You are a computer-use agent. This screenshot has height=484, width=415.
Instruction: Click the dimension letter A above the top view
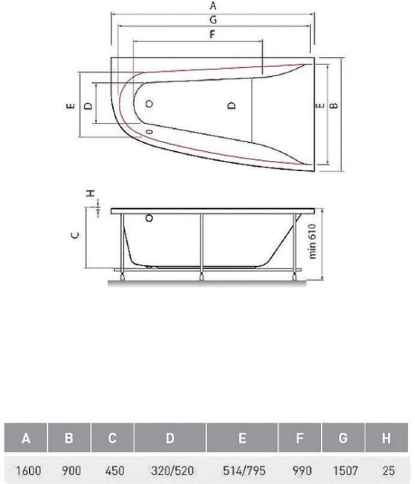coord(213,6)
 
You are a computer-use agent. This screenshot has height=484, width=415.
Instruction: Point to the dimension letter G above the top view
coord(213,21)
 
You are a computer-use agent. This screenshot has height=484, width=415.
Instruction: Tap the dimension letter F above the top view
coord(212,35)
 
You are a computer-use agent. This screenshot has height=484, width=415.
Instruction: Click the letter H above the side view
coord(91,193)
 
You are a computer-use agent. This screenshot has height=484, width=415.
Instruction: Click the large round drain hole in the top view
coord(150,104)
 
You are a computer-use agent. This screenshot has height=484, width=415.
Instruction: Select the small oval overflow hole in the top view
coord(150,130)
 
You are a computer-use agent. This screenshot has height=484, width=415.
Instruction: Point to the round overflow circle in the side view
coord(150,218)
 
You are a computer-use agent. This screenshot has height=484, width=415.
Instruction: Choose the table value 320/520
coord(169,471)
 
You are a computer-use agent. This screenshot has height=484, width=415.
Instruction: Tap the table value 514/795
coord(242,471)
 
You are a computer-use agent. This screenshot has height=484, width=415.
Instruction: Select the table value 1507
coord(343,471)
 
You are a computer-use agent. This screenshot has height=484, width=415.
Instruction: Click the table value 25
coord(386,471)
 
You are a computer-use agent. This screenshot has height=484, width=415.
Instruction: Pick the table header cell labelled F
coord(300,439)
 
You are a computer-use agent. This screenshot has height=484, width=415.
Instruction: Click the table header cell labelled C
coord(112,439)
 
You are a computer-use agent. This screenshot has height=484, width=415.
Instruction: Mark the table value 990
coord(300,471)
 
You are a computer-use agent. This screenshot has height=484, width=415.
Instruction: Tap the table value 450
coord(112,471)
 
